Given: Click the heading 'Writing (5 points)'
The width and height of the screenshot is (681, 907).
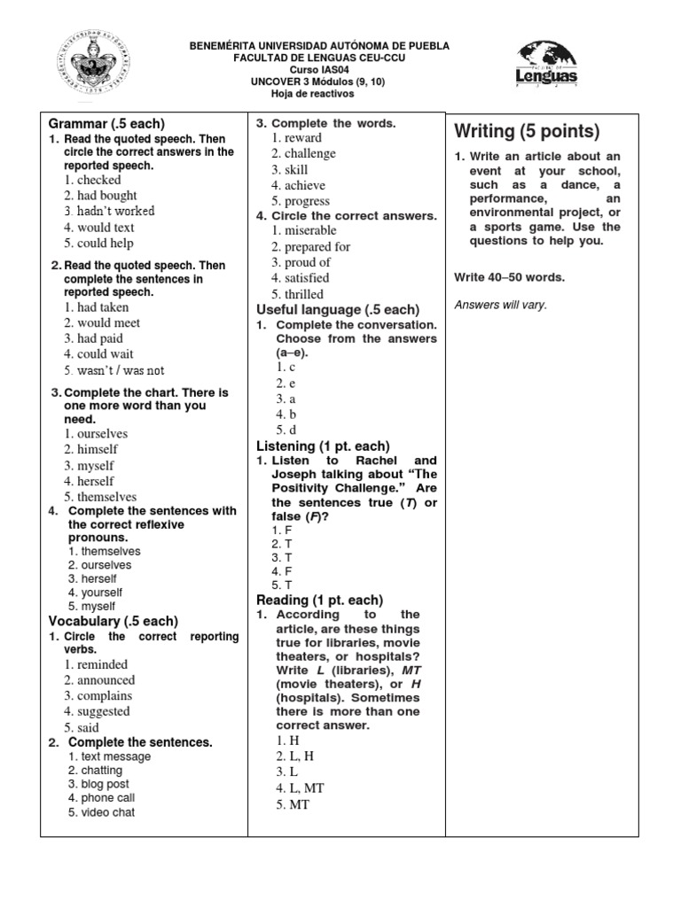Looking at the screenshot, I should (x=527, y=132).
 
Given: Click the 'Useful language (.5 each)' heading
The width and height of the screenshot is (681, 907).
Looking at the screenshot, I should (x=337, y=310).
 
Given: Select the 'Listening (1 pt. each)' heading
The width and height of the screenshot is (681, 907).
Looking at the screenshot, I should (x=323, y=446).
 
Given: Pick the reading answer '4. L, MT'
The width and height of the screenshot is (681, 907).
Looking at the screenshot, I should (x=300, y=787).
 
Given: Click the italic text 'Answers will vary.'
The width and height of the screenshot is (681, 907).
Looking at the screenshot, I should (x=500, y=306).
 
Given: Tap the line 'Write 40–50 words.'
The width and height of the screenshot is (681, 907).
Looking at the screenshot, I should (x=509, y=277).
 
